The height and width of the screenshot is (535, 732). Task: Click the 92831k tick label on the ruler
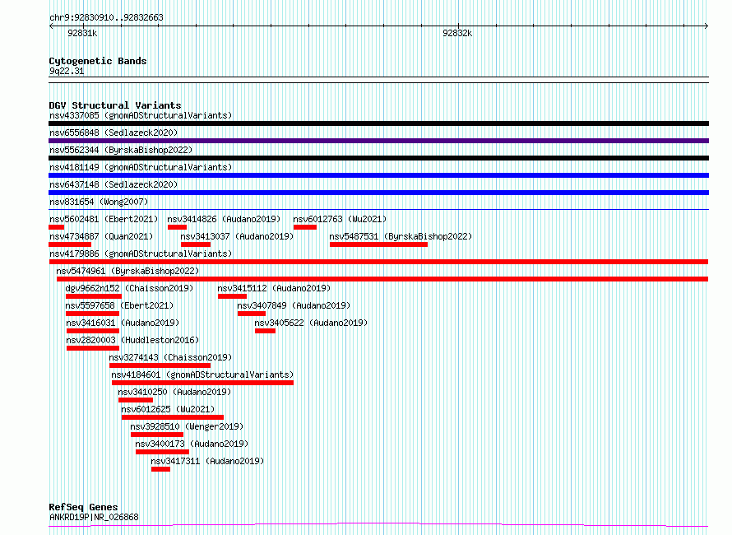tap(82, 33)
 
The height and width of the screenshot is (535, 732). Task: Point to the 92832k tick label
tap(457, 33)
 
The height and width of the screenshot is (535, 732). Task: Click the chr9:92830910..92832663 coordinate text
tap(106, 17)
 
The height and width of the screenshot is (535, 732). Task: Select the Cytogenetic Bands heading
tap(98, 61)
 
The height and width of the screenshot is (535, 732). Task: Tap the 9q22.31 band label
tap(67, 71)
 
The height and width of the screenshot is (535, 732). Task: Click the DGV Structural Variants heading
tap(115, 105)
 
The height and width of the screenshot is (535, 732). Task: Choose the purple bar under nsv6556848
tap(378, 141)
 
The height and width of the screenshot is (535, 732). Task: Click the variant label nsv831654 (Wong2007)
tap(99, 202)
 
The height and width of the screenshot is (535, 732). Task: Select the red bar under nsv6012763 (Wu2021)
tap(305, 227)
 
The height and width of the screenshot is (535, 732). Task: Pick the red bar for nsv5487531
tap(378, 244)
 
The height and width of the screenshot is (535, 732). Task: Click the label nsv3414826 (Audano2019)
tap(224, 219)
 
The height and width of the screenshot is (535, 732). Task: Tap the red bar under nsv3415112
tap(232, 296)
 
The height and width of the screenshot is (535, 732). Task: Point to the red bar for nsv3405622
tap(265, 331)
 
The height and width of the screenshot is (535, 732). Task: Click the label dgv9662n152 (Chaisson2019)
tap(129, 288)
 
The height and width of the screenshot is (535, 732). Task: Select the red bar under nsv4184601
tap(202, 383)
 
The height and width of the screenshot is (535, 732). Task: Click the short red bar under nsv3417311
tap(160, 469)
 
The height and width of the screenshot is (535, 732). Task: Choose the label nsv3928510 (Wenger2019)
tap(187, 426)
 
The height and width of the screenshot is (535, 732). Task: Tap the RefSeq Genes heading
tap(84, 507)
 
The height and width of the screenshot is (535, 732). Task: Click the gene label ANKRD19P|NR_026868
tap(94, 517)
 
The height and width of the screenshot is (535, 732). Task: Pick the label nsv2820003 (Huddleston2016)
tap(132, 340)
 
